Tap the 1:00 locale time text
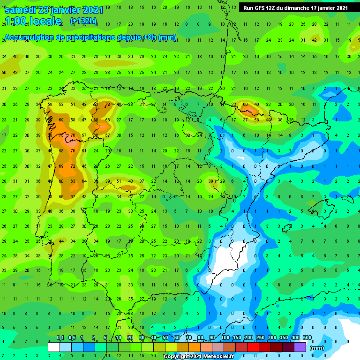tap(33, 21)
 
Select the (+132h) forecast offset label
tap(83, 21)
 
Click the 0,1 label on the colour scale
tap(60, 338)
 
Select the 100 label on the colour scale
tap(225, 338)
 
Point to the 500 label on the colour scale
tap(307, 338)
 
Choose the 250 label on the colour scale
tap(260, 338)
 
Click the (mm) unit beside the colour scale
tap(317, 348)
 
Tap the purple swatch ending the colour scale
tap(300, 347)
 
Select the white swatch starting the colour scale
tap(54, 347)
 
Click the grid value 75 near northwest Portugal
tap(61, 135)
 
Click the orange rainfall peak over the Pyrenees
tap(248, 110)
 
